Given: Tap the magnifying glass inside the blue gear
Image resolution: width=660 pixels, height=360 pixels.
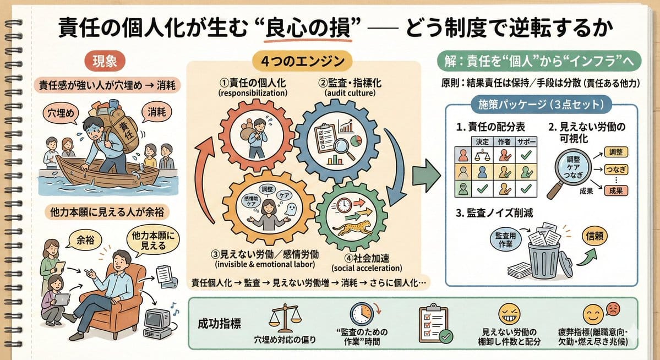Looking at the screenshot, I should (329, 145).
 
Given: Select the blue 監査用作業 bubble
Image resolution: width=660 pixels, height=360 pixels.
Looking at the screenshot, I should (505, 239).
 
